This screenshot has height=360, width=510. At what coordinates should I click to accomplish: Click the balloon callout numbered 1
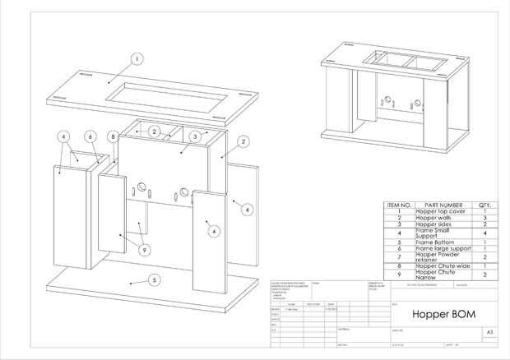pos(137,58)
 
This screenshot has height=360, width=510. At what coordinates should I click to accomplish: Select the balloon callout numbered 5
pos(152,279)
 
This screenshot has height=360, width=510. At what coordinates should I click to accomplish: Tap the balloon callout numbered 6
pos(89,136)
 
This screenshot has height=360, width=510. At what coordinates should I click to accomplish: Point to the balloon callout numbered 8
pos(113,136)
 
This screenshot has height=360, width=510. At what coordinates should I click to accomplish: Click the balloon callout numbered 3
pos(193,136)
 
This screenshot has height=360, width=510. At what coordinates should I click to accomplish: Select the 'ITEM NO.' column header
pos(399,205)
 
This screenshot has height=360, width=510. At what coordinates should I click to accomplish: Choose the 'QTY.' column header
pos(485,205)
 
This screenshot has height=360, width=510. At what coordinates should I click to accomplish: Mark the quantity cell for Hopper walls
pos(485,218)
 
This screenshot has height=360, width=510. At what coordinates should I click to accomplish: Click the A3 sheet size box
pos(491,333)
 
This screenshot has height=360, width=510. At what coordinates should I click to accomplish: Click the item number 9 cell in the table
pos(399,275)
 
